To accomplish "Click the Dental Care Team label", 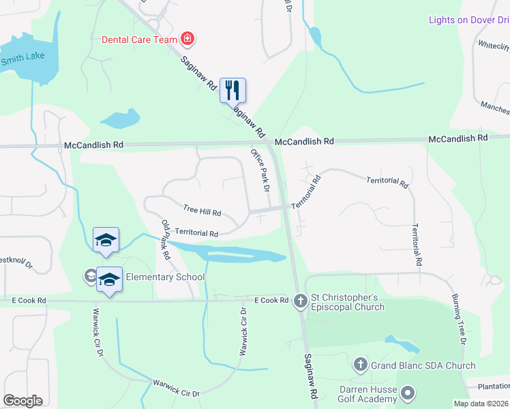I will coord(139,40).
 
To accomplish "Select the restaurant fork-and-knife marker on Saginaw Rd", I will coord(232,89).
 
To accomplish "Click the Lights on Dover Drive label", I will coord(469,20).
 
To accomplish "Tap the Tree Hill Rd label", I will coord(202,211).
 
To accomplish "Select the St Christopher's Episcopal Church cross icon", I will coord(301,300).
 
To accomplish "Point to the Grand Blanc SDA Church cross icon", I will coord(361,365).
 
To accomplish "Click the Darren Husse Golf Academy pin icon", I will coord(408,393).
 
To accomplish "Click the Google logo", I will coord(22,401).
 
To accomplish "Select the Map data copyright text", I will coord(481,404).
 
